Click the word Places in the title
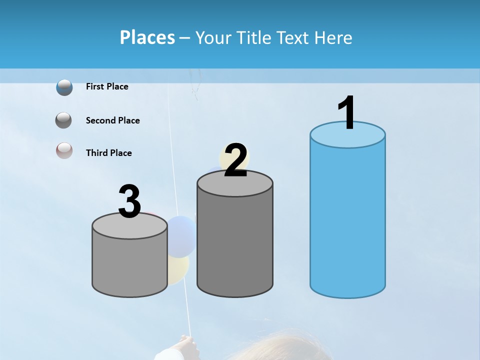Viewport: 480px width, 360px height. [147, 37]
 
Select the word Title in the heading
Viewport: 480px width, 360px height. [252, 37]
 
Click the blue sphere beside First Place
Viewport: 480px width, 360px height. [64, 87]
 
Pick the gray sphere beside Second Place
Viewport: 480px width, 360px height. [64, 120]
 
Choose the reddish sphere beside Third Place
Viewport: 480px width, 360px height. [64, 150]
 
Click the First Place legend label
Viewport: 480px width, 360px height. [107, 86]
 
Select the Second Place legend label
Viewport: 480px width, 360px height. [112, 120]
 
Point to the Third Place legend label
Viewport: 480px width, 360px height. [108, 153]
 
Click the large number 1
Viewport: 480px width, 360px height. [347, 113]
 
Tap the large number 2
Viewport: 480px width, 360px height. [235, 160]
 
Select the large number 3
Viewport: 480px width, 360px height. [129, 202]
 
